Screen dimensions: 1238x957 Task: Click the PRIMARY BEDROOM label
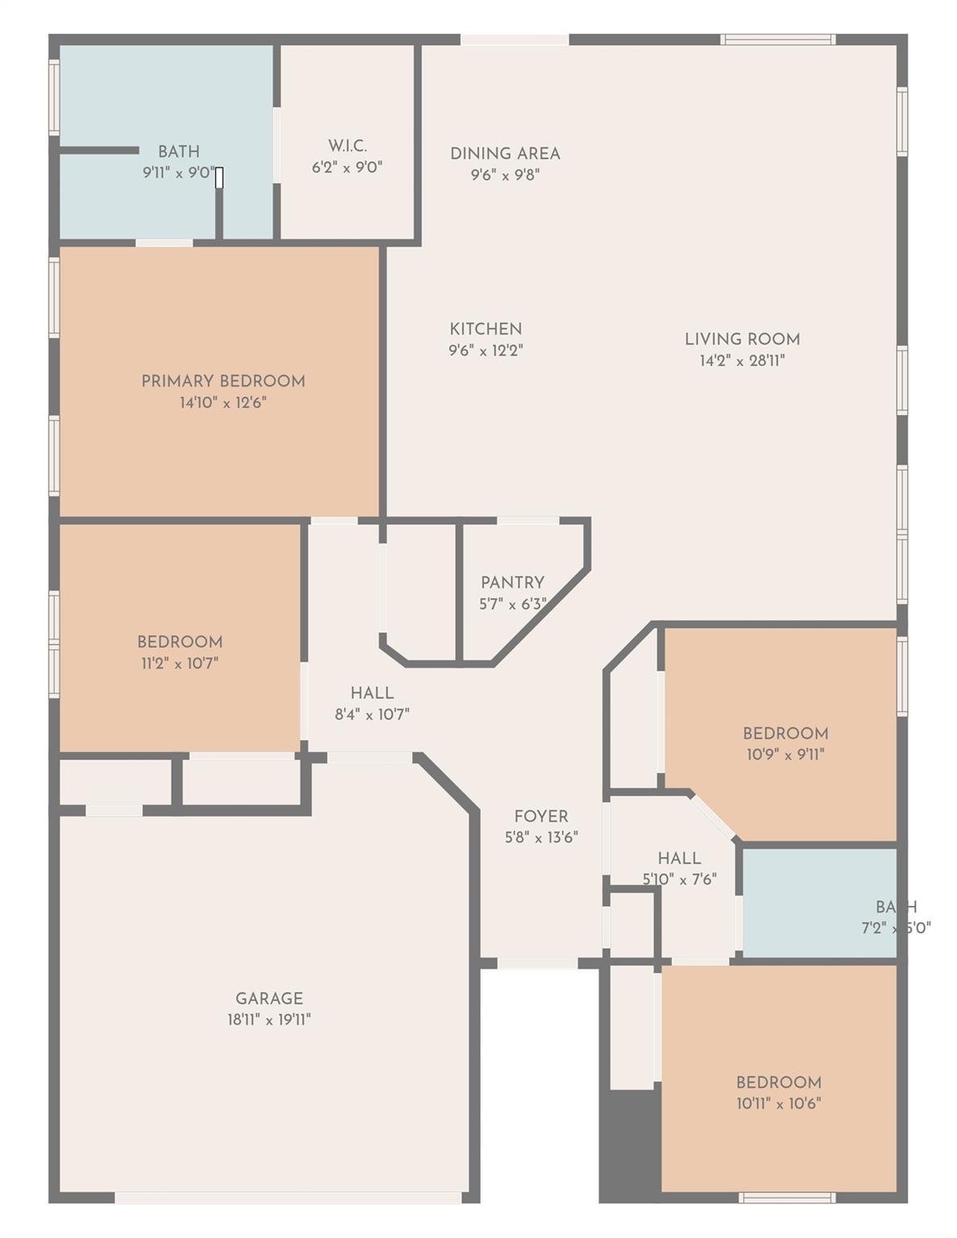click(x=223, y=381)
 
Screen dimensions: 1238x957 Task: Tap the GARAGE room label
click(x=269, y=999)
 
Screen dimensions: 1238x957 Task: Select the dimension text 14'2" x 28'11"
click(x=742, y=360)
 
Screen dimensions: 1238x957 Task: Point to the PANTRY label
click(x=512, y=582)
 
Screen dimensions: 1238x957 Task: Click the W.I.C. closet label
click(x=347, y=146)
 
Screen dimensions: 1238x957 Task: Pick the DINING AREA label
click(x=505, y=153)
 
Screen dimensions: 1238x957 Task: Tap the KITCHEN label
click(x=485, y=329)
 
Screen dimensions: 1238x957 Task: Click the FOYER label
click(x=541, y=816)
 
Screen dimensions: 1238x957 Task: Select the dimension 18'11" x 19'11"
click(x=269, y=1020)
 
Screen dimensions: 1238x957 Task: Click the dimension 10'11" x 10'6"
click(x=778, y=1103)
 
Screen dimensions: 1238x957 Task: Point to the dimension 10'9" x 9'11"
click(x=784, y=754)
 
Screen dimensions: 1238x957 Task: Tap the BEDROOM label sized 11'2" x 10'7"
click(x=180, y=642)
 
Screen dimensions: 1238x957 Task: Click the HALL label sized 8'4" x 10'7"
click(x=372, y=693)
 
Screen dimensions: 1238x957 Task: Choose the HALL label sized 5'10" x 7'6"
click(x=679, y=858)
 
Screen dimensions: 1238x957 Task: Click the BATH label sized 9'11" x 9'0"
click(x=178, y=152)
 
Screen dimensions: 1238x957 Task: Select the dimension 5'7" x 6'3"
click(x=512, y=604)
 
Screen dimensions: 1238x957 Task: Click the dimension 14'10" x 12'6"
click(x=223, y=402)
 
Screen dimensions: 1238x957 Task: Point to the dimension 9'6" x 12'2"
click(x=485, y=351)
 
